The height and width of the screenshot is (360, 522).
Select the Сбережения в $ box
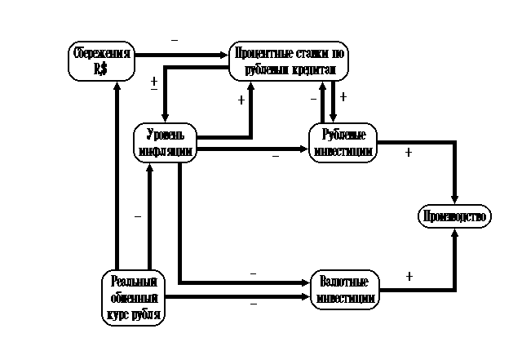click(x=100, y=62)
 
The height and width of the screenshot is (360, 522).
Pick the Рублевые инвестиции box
click(x=343, y=142)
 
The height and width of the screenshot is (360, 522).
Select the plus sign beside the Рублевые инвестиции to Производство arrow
click(x=408, y=153)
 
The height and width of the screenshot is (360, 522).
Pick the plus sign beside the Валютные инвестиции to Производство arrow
click(x=409, y=276)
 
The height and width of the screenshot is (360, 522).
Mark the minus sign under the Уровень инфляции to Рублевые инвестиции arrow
click(x=276, y=154)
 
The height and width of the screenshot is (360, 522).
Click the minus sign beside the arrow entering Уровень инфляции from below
click(x=137, y=216)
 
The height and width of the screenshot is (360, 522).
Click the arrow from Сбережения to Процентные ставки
click(x=181, y=55)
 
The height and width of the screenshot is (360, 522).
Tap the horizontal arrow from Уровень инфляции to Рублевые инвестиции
click(x=253, y=149)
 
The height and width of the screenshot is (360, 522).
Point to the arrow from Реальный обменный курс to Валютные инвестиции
click(x=237, y=297)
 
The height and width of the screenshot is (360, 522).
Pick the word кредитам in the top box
click(x=313, y=69)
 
